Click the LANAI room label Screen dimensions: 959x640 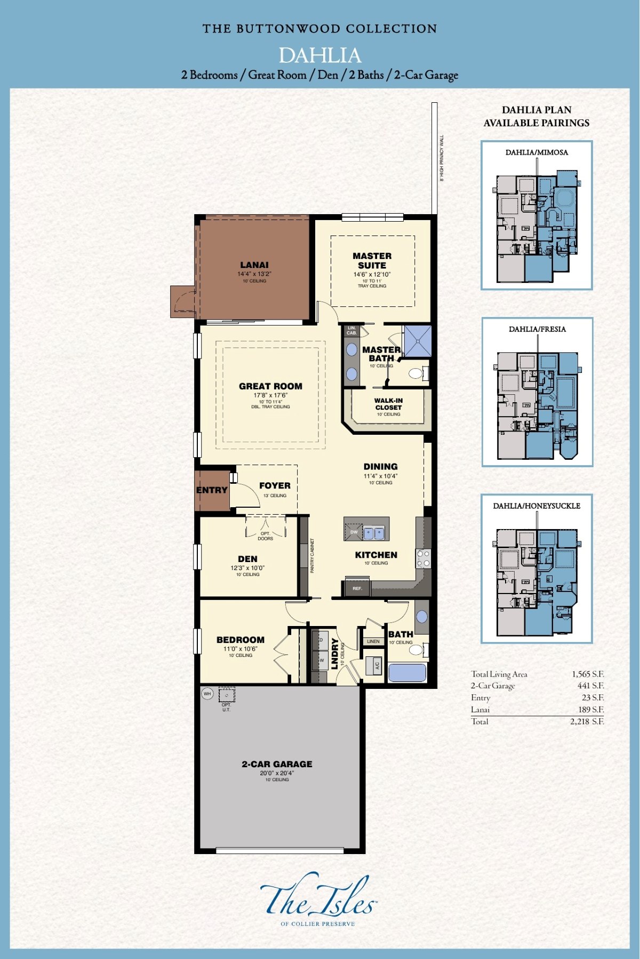point(254,265)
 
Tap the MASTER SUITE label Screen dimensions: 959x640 point(372,261)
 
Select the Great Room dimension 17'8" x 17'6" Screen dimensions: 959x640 point(270,395)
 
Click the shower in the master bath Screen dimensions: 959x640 point(417,341)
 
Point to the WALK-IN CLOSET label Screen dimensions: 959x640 point(388,404)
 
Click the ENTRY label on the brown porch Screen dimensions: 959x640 point(212,490)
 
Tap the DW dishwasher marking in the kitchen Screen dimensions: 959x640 point(354,532)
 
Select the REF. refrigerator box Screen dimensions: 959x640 point(357,589)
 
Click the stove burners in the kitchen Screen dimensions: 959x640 point(423,558)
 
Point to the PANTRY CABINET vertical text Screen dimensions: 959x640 point(312,556)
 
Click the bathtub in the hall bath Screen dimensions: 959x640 point(407,672)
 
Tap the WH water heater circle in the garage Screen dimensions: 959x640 point(207,694)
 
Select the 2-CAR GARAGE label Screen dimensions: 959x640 point(277,764)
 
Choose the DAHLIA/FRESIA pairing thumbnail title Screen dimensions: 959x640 point(537,329)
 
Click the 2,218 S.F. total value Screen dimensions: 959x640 point(587,721)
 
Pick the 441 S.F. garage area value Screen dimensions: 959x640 point(590,686)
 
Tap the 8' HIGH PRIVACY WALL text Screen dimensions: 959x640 point(442,158)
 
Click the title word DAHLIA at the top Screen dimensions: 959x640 point(319,55)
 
